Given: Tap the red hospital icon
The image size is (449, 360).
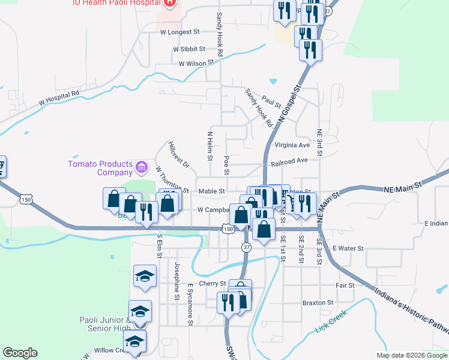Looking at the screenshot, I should tap(170, 2).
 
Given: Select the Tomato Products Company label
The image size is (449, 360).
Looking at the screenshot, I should tap(100, 168).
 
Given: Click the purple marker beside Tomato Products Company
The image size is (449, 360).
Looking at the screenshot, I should tap(141, 166).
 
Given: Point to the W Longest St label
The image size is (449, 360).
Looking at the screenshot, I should tap(179, 32).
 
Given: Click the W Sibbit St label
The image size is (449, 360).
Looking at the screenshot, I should tap(189, 49).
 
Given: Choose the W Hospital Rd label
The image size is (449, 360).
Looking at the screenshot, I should tap(59, 98).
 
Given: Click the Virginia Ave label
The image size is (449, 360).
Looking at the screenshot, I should tap(292, 145).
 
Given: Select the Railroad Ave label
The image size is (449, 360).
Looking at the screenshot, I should tap(289, 161).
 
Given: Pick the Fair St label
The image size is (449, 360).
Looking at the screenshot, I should tap(345, 286).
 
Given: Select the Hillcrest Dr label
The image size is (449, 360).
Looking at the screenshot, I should tap(179, 155).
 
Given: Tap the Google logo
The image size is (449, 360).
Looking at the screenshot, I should tap(20, 353).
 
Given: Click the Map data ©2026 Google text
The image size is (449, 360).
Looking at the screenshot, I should tap(412, 355).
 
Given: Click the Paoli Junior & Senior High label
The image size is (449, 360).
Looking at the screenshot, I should tap(104, 323).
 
